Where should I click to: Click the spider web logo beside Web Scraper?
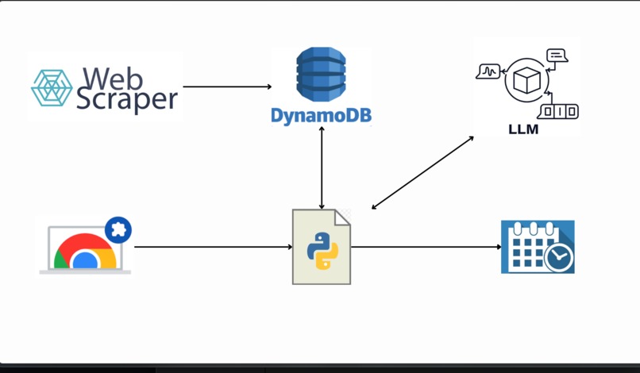click(x=52, y=88)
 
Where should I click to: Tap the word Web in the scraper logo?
click(x=113, y=79)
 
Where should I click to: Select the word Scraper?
click(x=127, y=100)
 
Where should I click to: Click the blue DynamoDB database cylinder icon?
click(x=321, y=75)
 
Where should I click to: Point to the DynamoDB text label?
click(x=322, y=116)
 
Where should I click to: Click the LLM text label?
click(x=523, y=129)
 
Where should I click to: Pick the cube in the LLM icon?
click(x=526, y=80)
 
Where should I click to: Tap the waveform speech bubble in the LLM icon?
click(x=488, y=71)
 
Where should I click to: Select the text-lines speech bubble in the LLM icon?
click(x=557, y=56)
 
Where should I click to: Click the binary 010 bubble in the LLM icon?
click(x=559, y=111)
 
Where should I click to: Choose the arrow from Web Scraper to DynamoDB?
click(x=227, y=87)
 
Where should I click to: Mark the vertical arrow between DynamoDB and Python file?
click(x=322, y=167)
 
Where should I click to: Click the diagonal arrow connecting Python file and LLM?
click(x=422, y=173)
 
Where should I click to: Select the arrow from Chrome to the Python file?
click(x=214, y=247)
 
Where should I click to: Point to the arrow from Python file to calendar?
click(x=426, y=247)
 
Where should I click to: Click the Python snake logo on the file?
click(x=322, y=251)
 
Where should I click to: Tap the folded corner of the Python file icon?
click(x=342, y=217)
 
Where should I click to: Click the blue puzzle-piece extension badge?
click(x=118, y=230)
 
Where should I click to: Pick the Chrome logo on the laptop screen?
click(x=85, y=252)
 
